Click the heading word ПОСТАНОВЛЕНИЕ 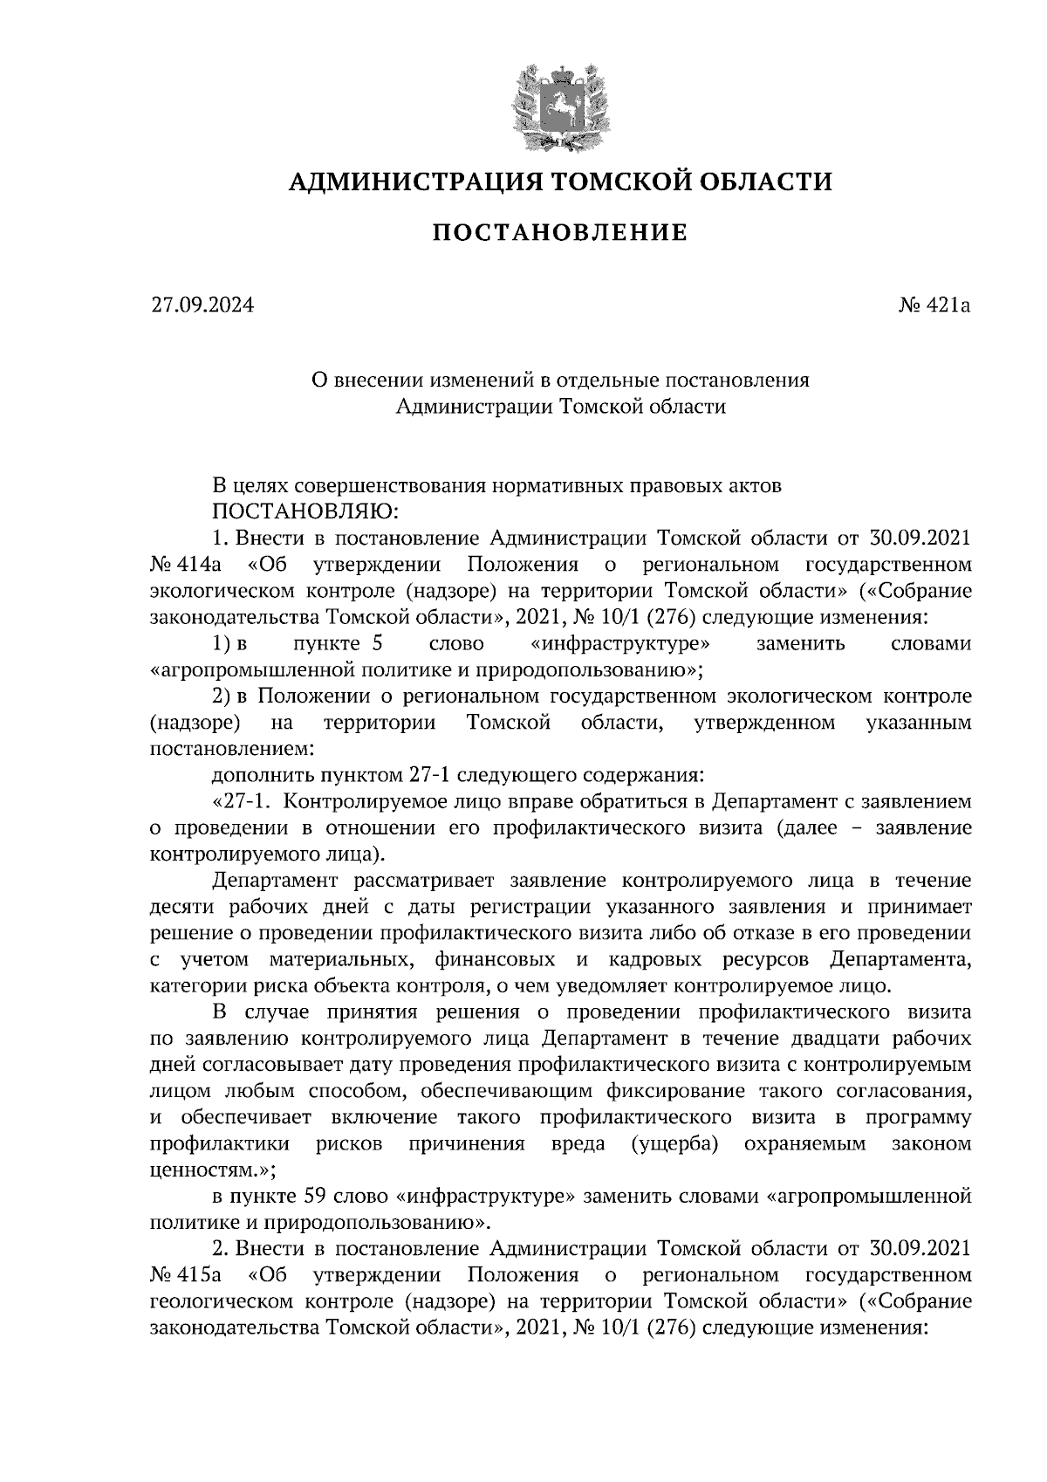click(560, 233)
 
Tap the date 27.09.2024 click(202, 305)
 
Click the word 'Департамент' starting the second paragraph click(276, 881)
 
